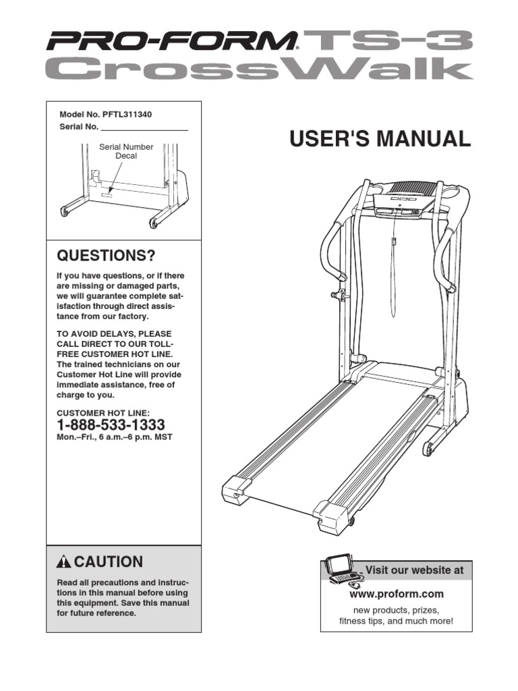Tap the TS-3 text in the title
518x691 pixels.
[x=388, y=41]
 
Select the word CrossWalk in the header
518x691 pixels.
[x=259, y=70]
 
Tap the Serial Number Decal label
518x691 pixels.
[x=126, y=151]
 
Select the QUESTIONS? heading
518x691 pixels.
[x=106, y=256]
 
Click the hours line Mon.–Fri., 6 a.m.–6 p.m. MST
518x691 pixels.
[x=115, y=437]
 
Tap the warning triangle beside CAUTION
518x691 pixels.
[x=64, y=562]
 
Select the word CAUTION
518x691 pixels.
[x=109, y=562]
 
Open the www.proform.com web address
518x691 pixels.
[x=396, y=594]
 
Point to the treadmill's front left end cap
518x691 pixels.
[x=237, y=489]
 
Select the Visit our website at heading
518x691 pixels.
[x=414, y=570]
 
